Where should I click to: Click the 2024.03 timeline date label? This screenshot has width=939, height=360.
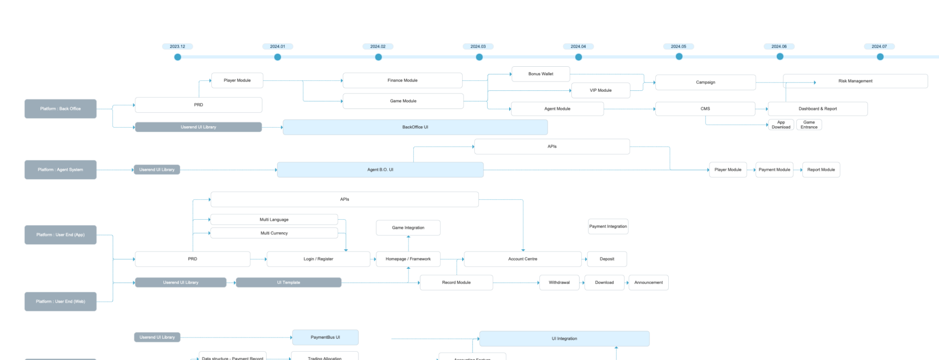pyautogui.click(x=478, y=46)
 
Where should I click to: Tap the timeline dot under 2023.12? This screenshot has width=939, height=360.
pyautogui.click(x=177, y=57)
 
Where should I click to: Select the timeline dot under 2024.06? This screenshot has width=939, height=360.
pyautogui.click(x=779, y=56)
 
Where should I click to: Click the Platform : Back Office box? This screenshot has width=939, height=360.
pyautogui.click(x=61, y=109)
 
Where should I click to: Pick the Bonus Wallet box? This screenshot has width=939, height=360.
pyautogui.click(x=540, y=74)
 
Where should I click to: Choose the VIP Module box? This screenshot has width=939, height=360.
pyautogui.click(x=600, y=90)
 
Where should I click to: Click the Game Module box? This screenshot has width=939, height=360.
pyautogui.click(x=403, y=101)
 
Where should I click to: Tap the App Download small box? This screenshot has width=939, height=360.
pyautogui.click(x=780, y=125)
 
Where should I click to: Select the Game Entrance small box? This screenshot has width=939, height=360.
pyautogui.click(x=809, y=125)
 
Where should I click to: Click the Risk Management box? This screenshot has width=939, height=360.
pyautogui.click(x=855, y=81)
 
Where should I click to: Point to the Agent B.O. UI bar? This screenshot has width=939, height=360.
pyautogui.click(x=380, y=170)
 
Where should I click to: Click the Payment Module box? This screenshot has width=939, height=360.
pyautogui.click(x=774, y=170)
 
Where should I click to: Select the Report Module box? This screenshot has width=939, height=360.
pyautogui.click(x=821, y=170)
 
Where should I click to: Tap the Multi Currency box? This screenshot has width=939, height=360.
pyautogui.click(x=274, y=233)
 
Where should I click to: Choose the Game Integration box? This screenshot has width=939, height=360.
pyautogui.click(x=408, y=228)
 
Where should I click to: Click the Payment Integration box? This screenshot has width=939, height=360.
pyautogui.click(x=608, y=226)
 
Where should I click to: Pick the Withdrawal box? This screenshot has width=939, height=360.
pyautogui.click(x=559, y=283)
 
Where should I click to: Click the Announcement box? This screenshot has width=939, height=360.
pyautogui.click(x=648, y=283)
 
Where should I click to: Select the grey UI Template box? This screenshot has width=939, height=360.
pyautogui.click(x=288, y=283)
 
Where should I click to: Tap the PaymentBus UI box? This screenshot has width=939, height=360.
pyautogui.click(x=325, y=338)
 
